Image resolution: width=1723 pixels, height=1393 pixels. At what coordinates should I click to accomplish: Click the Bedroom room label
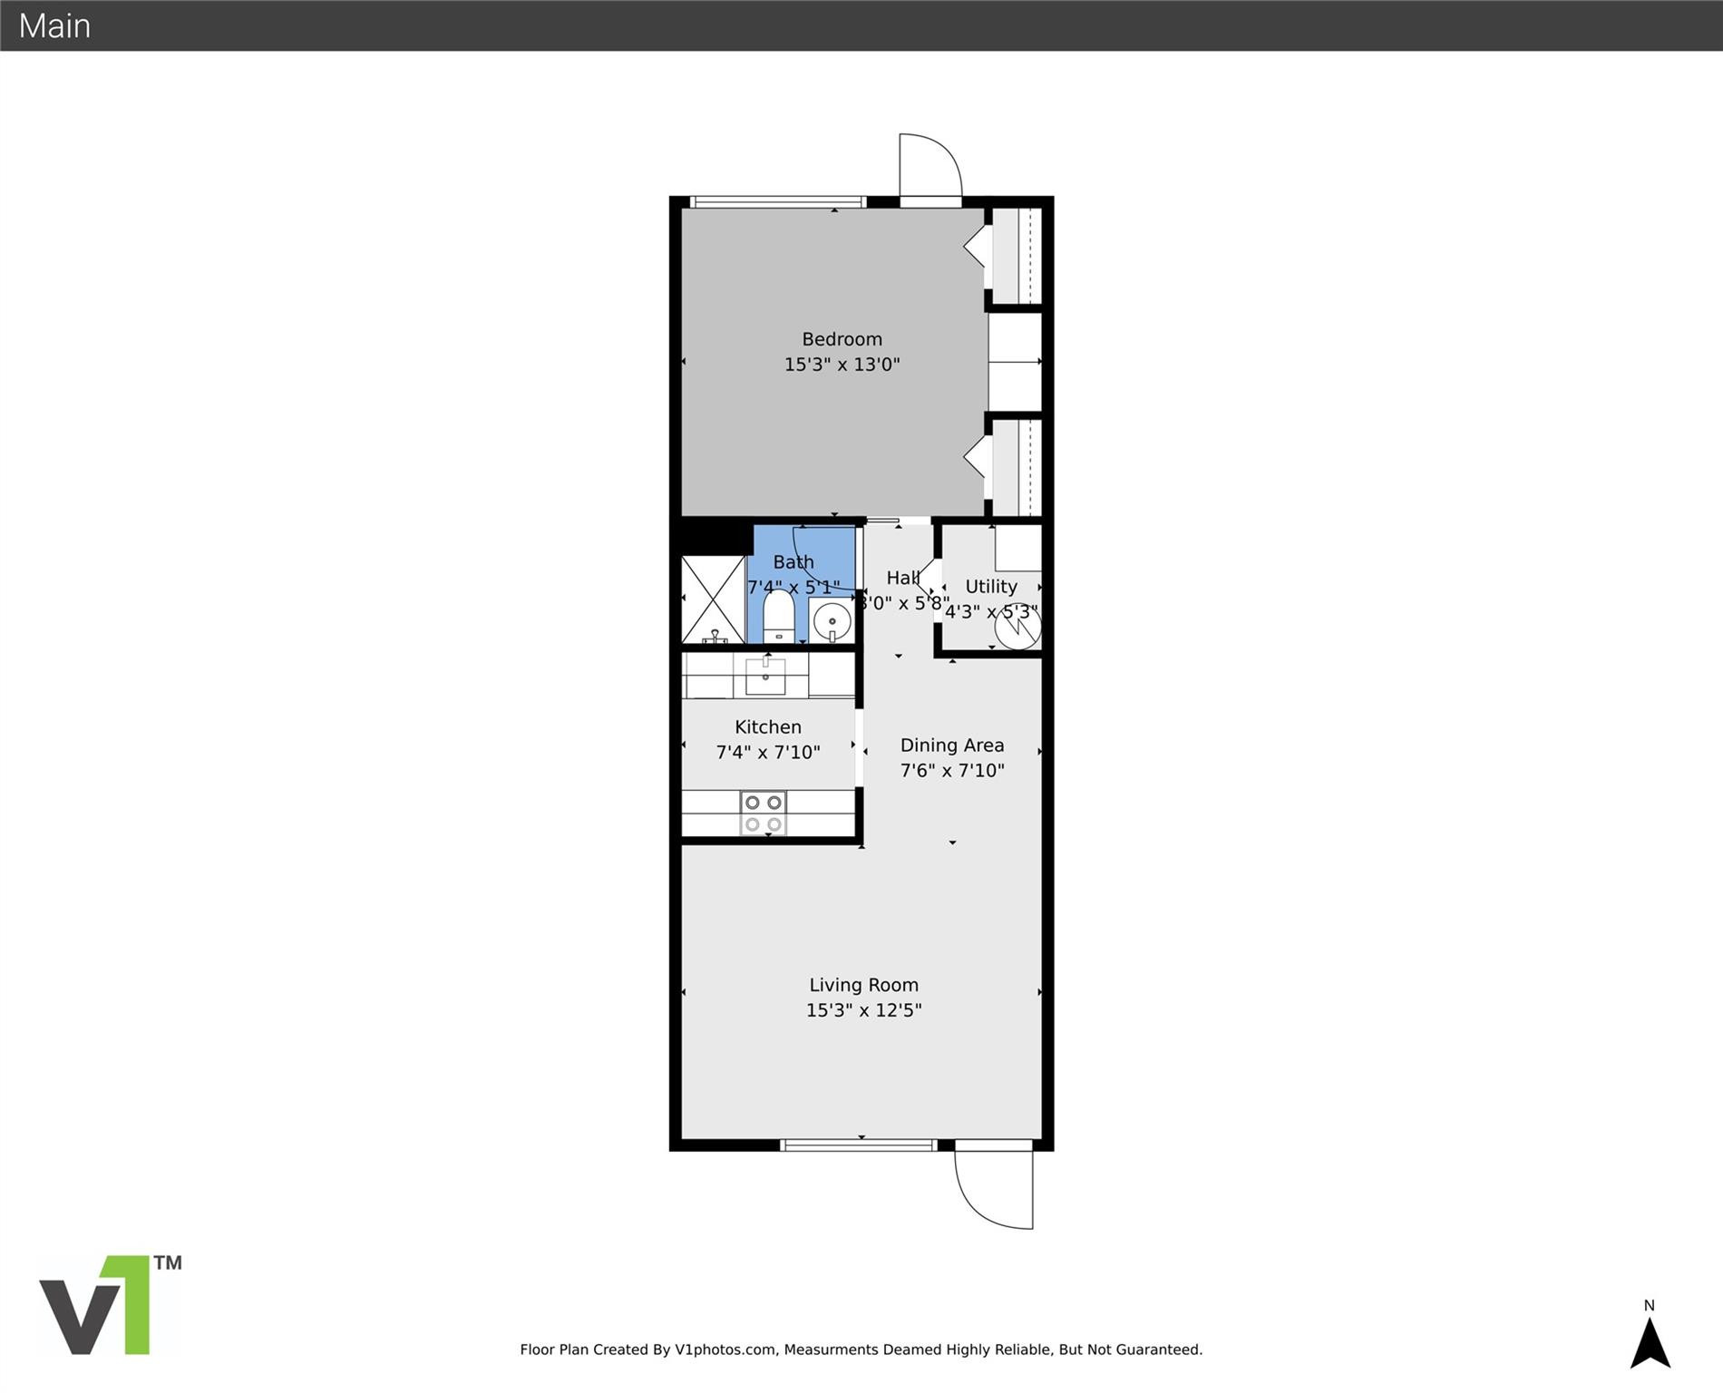pyautogui.click(x=842, y=339)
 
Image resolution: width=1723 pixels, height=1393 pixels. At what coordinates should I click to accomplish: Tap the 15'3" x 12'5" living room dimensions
pyautogui.click(x=863, y=1010)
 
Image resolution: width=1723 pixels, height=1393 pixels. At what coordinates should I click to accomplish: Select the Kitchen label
pyautogui.click(x=767, y=727)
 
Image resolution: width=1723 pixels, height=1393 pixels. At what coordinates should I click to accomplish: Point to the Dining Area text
pyautogui.click(x=951, y=745)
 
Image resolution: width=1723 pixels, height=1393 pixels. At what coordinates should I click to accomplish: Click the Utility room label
pyautogui.click(x=990, y=587)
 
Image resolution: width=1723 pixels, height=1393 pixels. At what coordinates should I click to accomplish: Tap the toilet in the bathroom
pyautogui.click(x=778, y=616)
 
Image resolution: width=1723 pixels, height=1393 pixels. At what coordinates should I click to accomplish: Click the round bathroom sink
pyautogui.click(x=832, y=622)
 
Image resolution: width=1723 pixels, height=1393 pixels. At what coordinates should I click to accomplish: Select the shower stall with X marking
pyautogui.click(x=713, y=599)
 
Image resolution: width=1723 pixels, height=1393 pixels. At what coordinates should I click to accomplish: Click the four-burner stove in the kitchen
pyautogui.click(x=763, y=813)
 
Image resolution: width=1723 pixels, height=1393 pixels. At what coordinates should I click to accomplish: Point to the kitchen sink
pyautogui.click(x=765, y=676)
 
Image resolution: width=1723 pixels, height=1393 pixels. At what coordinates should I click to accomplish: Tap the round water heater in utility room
pyautogui.click(x=1017, y=627)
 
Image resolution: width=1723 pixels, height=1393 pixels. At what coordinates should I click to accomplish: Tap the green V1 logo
pyautogui.click(x=109, y=1305)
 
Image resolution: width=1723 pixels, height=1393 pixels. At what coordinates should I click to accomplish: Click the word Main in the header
pyautogui.click(x=54, y=25)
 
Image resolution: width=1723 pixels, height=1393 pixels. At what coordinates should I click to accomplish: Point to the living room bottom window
pyautogui.click(x=858, y=1145)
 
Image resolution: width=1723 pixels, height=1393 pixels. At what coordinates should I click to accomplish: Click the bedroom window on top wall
pyautogui.click(x=777, y=202)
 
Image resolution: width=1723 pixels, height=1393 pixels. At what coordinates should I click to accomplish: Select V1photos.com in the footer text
pyautogui.click(x=725, y=1349)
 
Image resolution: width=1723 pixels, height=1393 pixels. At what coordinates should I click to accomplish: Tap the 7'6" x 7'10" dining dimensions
pyautogui.click(x=951, y=771)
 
